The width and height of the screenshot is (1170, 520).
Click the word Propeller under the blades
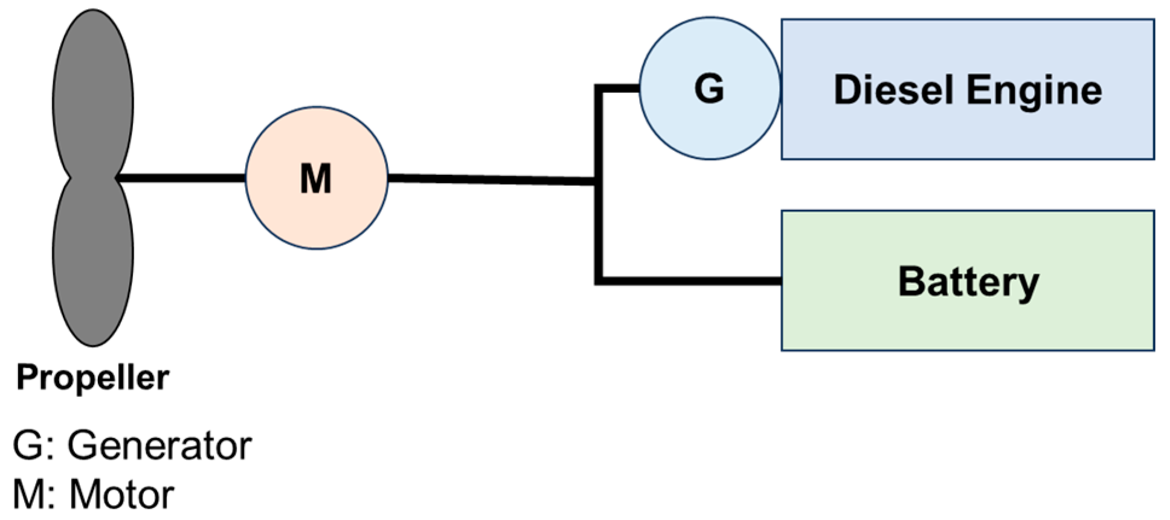click(92, 378)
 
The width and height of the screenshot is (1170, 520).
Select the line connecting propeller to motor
click(181, 178)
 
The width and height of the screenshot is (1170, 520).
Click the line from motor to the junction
click(489, 179)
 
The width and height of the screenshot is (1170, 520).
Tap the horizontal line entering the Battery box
click(689, 281)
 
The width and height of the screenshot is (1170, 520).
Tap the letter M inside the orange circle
click(316, 179)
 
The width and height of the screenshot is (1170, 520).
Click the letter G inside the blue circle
click(709, 89)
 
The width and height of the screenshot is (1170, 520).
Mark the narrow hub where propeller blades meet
click(93, 178)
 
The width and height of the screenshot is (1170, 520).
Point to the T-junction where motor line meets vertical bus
click(599, 181)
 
